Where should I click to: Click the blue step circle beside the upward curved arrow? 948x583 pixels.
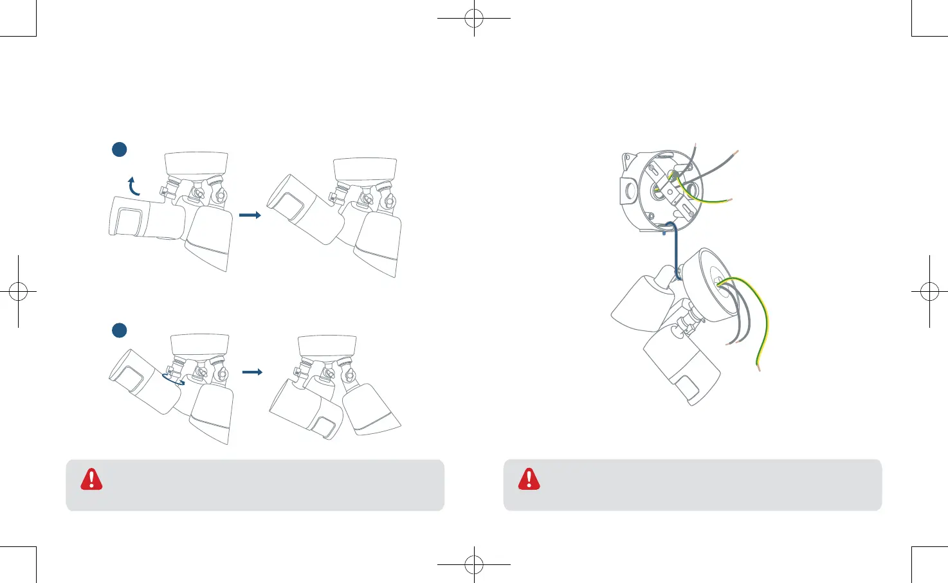tap(119, 149)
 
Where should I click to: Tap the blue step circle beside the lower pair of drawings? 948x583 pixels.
tap(119, 330)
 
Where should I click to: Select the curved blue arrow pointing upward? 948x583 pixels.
tap(133, 186)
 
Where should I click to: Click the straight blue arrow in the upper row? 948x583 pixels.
tap(250, 215)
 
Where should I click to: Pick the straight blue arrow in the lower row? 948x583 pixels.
tap(252, 372)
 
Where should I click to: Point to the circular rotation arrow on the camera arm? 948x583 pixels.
tap(173, 381)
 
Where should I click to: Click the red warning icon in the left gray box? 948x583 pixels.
tap(91, 479)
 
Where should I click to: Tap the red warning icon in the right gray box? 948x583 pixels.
tap(529, 479)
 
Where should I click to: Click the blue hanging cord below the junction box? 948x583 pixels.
tap(675, 251)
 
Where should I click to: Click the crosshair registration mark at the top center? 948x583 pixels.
tap(474, 18)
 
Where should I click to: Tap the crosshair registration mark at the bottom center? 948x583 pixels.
tap(474, 564)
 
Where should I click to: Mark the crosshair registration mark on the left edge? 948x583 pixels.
tap(18, 292)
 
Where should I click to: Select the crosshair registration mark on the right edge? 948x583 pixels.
tap(929, 292)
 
